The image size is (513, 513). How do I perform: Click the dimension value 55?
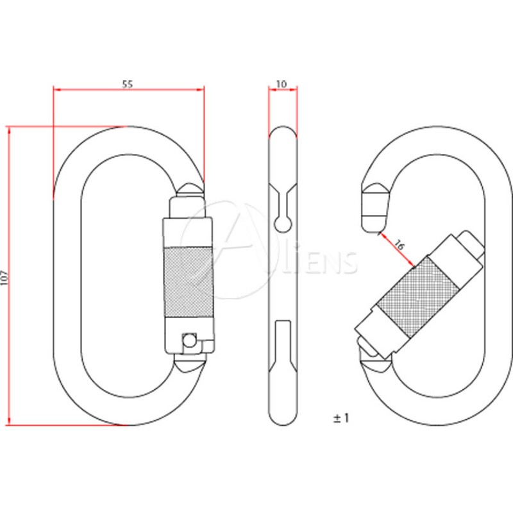[128, 84]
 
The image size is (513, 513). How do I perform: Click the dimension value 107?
[4, 278]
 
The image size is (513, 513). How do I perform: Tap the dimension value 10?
[282, 84]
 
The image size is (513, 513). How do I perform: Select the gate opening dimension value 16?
[399, 244]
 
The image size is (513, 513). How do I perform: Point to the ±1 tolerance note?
[341, 418]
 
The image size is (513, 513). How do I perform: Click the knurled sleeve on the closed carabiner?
[189, 282]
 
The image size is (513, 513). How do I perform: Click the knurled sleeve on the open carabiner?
[418, 296]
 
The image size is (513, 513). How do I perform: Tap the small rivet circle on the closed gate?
[189, 341]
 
